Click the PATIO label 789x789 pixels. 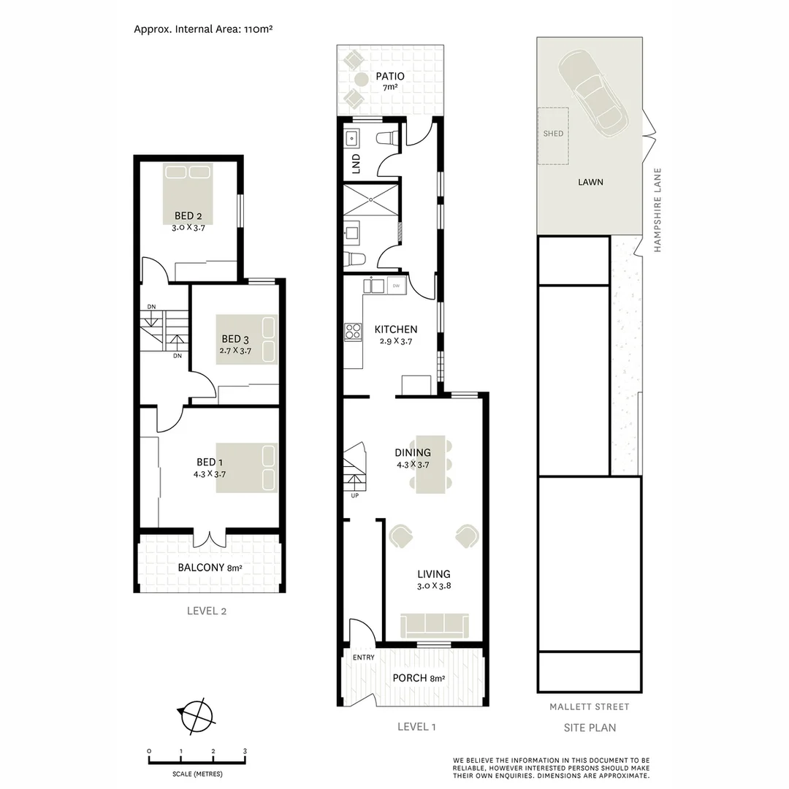pos(389,76)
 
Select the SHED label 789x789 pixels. pos(553,134)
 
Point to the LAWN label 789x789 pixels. pos(590,182)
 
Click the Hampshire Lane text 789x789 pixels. pos(657,211)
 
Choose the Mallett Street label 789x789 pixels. pos(589,707)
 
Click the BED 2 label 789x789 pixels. pos(188,216)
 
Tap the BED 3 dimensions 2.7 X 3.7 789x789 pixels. pos(235,351)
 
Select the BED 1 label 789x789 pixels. pos(207,462)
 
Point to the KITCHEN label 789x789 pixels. pos(396,329)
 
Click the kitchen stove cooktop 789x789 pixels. pos(354,332)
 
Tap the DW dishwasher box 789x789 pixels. pos(395,285)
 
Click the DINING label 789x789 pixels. pos(413,453)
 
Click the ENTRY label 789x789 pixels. pos(363,657)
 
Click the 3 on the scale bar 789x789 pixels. pos(245,751)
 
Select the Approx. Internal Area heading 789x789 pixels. pos(205,29)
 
